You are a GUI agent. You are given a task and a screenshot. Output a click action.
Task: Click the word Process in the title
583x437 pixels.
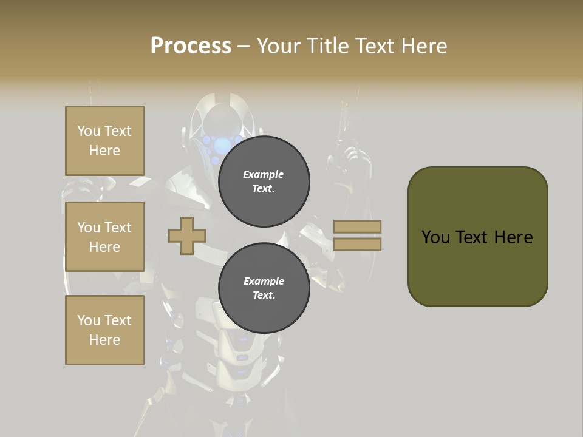pyautogui.click(x=191, y=46)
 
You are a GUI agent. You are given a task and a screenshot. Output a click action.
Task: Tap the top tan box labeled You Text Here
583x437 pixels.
pyautogui.click(x=104, y=141)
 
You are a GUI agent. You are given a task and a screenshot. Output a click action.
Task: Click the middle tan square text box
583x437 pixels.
pyautogui.click(x=104, y=237)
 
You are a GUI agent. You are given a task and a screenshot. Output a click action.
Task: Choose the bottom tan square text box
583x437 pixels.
pyautogui.click(x=104, y=330)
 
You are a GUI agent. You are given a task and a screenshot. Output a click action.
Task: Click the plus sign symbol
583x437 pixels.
pyautogui.click(x=187, y=235)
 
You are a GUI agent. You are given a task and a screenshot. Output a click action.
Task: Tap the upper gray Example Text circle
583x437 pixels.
pyautogui.click(x=264, y=181)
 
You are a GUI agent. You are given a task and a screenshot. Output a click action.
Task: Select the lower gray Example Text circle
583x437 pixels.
pyautogui.click(x=264, y=288)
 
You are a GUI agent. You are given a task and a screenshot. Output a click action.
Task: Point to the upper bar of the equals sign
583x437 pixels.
pyautogui.click(x=358, y=227)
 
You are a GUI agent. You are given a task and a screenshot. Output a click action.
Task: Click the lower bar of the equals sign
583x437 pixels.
pyautogui.click(x=358, y=244)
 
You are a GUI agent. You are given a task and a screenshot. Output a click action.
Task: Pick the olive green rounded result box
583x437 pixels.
pyautogui.click(x=477, y=237)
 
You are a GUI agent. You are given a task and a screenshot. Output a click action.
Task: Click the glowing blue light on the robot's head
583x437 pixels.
pyautogui.click(x=223, y=144)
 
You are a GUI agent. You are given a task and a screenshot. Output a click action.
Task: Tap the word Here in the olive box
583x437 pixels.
pyautogui.click(x=513, y=237)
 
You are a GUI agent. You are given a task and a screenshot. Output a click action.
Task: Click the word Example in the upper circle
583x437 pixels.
pyautogui.click(x=264, y=174)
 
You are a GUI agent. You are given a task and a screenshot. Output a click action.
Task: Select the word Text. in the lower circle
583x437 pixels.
pyautogui.click(x=264, y=296)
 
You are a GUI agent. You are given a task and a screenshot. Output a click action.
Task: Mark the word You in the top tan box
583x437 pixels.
pyautogui.click(x=89, y=131)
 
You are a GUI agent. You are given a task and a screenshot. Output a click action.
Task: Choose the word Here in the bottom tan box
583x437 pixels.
pyautogui.click(x=104, y=340)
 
